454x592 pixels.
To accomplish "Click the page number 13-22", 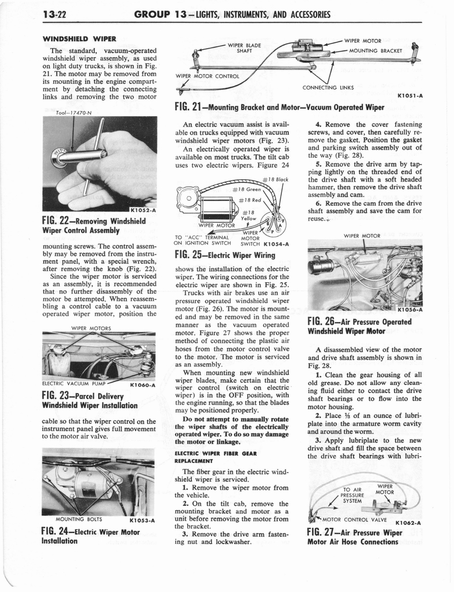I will [27, 14].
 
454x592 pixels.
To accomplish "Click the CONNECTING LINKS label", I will [328, 87].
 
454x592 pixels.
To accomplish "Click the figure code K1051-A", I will [409, 97].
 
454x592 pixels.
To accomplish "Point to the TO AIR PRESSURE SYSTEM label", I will [351, 495].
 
